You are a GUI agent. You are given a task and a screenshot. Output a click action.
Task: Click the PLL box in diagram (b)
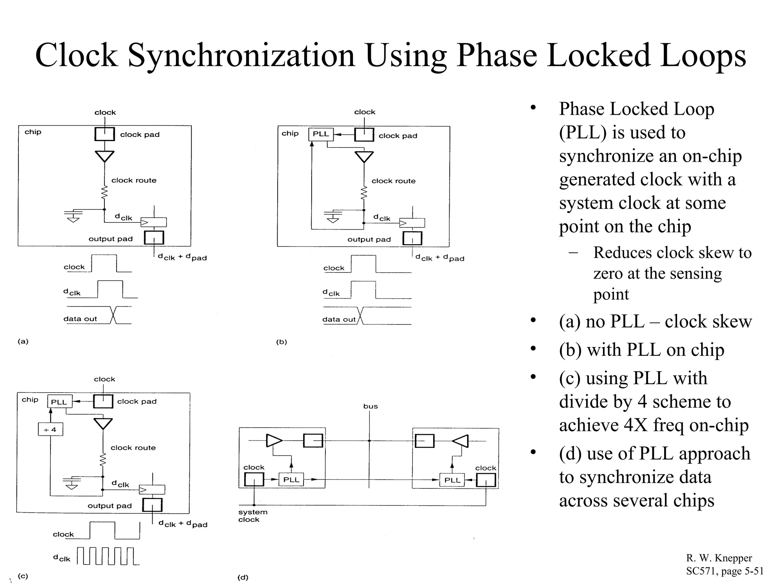[321, 134]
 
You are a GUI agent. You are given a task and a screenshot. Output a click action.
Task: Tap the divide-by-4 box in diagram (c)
[50, 430]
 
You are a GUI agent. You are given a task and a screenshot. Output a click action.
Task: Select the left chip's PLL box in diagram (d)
[291, 480]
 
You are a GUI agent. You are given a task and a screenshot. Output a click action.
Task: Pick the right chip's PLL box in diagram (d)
[452, 480]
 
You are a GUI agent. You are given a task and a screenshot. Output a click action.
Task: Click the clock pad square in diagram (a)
[105, 134]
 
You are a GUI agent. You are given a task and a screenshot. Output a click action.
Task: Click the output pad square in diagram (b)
[413, 238]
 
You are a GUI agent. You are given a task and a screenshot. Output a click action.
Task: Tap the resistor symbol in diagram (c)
[102, 460]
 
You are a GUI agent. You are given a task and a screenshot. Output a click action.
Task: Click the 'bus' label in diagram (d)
[370, 406]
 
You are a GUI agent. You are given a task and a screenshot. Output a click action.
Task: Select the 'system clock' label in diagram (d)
[252, 516]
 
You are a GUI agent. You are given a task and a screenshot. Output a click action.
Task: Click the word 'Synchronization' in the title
[241, 55]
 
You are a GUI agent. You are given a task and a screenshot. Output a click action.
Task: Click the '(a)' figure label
[23, 341]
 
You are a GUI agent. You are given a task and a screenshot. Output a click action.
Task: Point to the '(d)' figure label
[243, 577]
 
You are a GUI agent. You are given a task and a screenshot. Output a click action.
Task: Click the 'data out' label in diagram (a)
[80, 319]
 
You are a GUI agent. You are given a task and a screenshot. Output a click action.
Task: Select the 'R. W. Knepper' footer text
[719, 558]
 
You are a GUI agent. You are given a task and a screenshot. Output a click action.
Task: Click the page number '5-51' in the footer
[751, 571]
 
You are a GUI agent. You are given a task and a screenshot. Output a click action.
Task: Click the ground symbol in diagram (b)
[333, 216]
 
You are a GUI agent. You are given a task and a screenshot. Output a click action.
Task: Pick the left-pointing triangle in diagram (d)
[460, 441]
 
